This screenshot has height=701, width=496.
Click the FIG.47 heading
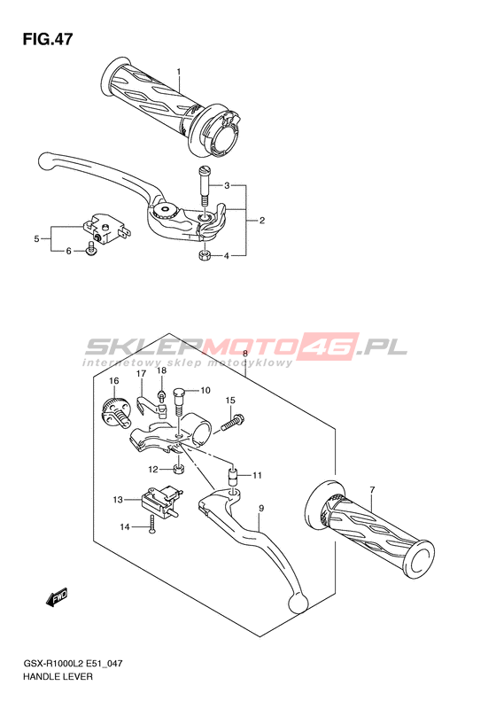click(47, 39)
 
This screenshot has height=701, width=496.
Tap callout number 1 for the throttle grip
click(179, 72)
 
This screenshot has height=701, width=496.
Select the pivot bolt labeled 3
click(205, 183)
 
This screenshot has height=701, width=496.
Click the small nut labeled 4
click(204, 256)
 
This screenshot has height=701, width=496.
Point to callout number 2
click(262, 220)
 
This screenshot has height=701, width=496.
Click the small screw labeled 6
click(91, 249)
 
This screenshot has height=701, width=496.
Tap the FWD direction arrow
click(57, 596)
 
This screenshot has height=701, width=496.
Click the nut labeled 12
click(179, 470)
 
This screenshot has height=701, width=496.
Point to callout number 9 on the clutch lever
click(261, 509)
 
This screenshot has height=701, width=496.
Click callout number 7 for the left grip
click(372, 489)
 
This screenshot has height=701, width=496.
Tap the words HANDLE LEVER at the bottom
click(59, 676)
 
